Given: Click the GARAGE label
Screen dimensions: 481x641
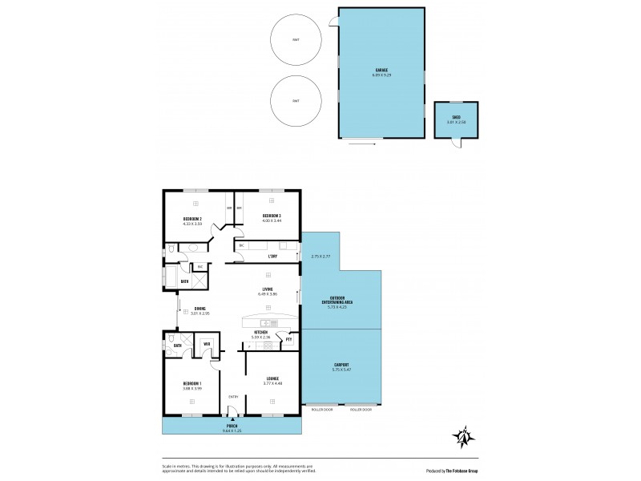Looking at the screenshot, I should (381, 71).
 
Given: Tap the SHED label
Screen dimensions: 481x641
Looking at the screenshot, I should (455, 117).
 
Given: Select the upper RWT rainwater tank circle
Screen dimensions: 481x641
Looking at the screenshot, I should (296, 39).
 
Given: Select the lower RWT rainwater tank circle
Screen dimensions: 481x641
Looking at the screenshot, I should (296, 101).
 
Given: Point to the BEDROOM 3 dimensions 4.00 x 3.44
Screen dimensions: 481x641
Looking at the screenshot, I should (272, 221).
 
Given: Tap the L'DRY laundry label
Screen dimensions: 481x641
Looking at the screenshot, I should (272, 257).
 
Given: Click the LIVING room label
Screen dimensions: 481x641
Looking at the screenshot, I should (267, 289).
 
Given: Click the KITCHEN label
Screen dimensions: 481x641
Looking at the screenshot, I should (260, 332).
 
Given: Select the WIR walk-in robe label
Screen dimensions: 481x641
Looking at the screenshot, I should (207, 344).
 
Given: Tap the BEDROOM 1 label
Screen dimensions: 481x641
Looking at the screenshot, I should (192, 385).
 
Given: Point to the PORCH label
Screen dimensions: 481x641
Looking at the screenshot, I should (232, 426).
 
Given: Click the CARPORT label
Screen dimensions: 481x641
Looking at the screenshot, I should (341, 366).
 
